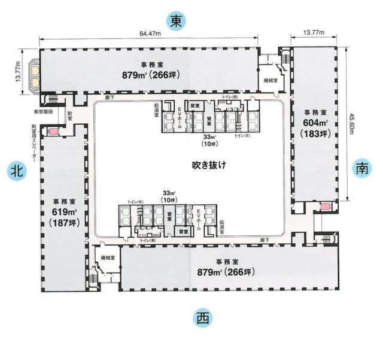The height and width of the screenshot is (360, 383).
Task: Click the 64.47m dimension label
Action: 150,34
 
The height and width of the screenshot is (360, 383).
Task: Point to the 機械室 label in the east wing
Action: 272,80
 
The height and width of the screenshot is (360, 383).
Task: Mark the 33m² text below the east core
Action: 210,137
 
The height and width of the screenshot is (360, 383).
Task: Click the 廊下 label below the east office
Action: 110,97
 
